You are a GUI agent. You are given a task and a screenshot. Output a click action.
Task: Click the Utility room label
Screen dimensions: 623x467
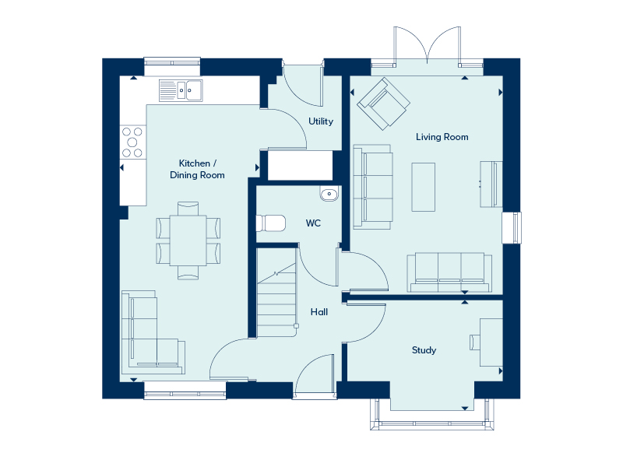(321, 121)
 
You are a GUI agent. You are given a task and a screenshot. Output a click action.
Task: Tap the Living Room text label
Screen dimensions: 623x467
(442, 137)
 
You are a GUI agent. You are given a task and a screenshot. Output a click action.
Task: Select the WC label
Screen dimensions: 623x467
(313, 223)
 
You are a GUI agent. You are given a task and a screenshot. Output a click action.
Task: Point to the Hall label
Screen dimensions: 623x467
(319, 312)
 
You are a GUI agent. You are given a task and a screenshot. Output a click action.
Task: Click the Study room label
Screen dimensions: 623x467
(424, 350)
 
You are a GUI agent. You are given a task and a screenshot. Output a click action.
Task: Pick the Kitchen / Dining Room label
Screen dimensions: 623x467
(197, 169)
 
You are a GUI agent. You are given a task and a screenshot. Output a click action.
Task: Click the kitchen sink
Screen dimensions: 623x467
(181, 90)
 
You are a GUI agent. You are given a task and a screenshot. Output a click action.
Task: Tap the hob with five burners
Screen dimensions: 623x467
(132, 142)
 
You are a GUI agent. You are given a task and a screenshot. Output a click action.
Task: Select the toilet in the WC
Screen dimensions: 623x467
(270, 223)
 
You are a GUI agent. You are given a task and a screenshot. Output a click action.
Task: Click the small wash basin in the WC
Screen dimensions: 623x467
(329, 194)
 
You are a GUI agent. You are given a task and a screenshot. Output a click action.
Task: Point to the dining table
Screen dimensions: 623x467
(188, 241)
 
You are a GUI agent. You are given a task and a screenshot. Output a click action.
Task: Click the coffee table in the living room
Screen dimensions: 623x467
(423, 187)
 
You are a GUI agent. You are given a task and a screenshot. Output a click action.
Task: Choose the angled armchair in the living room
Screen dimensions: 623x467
(383, 104)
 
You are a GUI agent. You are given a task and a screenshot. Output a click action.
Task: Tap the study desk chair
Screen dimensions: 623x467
(475, 342)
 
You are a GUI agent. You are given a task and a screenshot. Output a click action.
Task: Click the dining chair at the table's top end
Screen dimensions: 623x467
(188, 209)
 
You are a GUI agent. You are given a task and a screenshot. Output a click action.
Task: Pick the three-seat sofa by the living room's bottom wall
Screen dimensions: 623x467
(449, 272)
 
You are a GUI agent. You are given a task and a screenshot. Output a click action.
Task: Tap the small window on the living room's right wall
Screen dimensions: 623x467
(512, 227)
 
